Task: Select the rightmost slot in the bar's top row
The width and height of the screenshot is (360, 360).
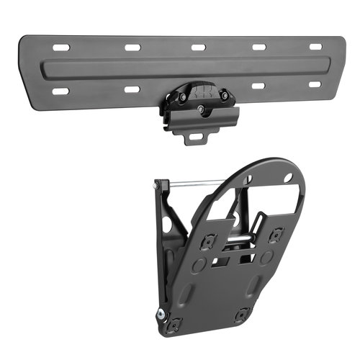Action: (315, 47)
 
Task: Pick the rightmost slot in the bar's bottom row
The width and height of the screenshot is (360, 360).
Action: (315, 84)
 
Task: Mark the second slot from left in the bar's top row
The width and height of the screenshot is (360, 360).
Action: (132, 48)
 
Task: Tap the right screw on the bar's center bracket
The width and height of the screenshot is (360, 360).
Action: (224, 94)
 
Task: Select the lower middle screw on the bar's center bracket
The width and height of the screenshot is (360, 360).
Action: (199, 108)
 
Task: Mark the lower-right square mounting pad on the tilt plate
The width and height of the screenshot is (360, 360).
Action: (243, 314)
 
